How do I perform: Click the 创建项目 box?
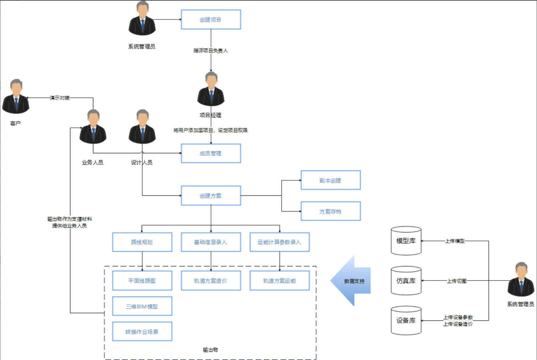[x=211, y=19]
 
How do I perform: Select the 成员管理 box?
[x=211, y=153]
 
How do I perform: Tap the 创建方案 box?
[x=211, y=196]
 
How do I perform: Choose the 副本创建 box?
[x=330, y=180]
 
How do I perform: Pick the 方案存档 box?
[x=330, y=211]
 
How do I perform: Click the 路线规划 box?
[x=142, y=242]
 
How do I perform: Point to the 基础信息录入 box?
[x=211, y=242]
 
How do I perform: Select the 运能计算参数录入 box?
[x=279, y=242]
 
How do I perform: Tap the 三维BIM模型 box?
[x=142, y=306]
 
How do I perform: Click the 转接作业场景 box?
[x=142, y=332]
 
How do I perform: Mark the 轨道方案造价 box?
[x=211, y=281]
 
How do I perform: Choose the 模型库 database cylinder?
[x=406, y=241]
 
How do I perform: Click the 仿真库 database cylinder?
[x=406, y=281]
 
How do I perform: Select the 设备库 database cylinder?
[x=406, y=320]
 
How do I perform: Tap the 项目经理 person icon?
[x=211, y=89]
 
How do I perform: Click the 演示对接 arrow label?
[x=60, y=98]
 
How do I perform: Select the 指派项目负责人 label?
[x=210, y=51]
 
